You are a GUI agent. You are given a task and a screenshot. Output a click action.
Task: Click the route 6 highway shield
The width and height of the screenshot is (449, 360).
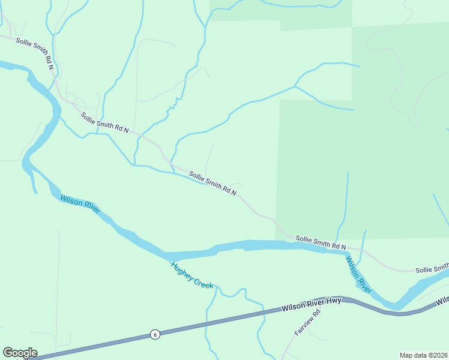coord(155,334)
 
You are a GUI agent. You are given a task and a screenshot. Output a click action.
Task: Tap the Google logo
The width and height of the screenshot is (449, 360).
coord(20,353)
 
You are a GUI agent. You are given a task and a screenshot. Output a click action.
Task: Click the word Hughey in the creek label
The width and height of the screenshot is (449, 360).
coord(181,271)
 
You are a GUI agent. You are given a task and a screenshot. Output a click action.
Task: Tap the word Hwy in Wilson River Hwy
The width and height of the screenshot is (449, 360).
coord(334,301)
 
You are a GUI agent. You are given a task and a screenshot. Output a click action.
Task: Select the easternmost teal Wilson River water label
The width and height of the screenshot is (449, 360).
coord(358,275)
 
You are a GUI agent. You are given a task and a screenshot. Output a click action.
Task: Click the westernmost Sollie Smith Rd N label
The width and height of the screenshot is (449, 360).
coord(35,53)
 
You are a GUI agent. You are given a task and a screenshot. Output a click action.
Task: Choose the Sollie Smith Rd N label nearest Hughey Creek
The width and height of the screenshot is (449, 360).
coord(212,184)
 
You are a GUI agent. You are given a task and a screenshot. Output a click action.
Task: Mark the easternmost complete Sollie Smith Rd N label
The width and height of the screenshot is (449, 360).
coord(321,242)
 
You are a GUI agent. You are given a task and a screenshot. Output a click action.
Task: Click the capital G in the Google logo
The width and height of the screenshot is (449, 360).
coord(8,353)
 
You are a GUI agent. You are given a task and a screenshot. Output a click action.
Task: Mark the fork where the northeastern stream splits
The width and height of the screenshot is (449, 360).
coord(295,86)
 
